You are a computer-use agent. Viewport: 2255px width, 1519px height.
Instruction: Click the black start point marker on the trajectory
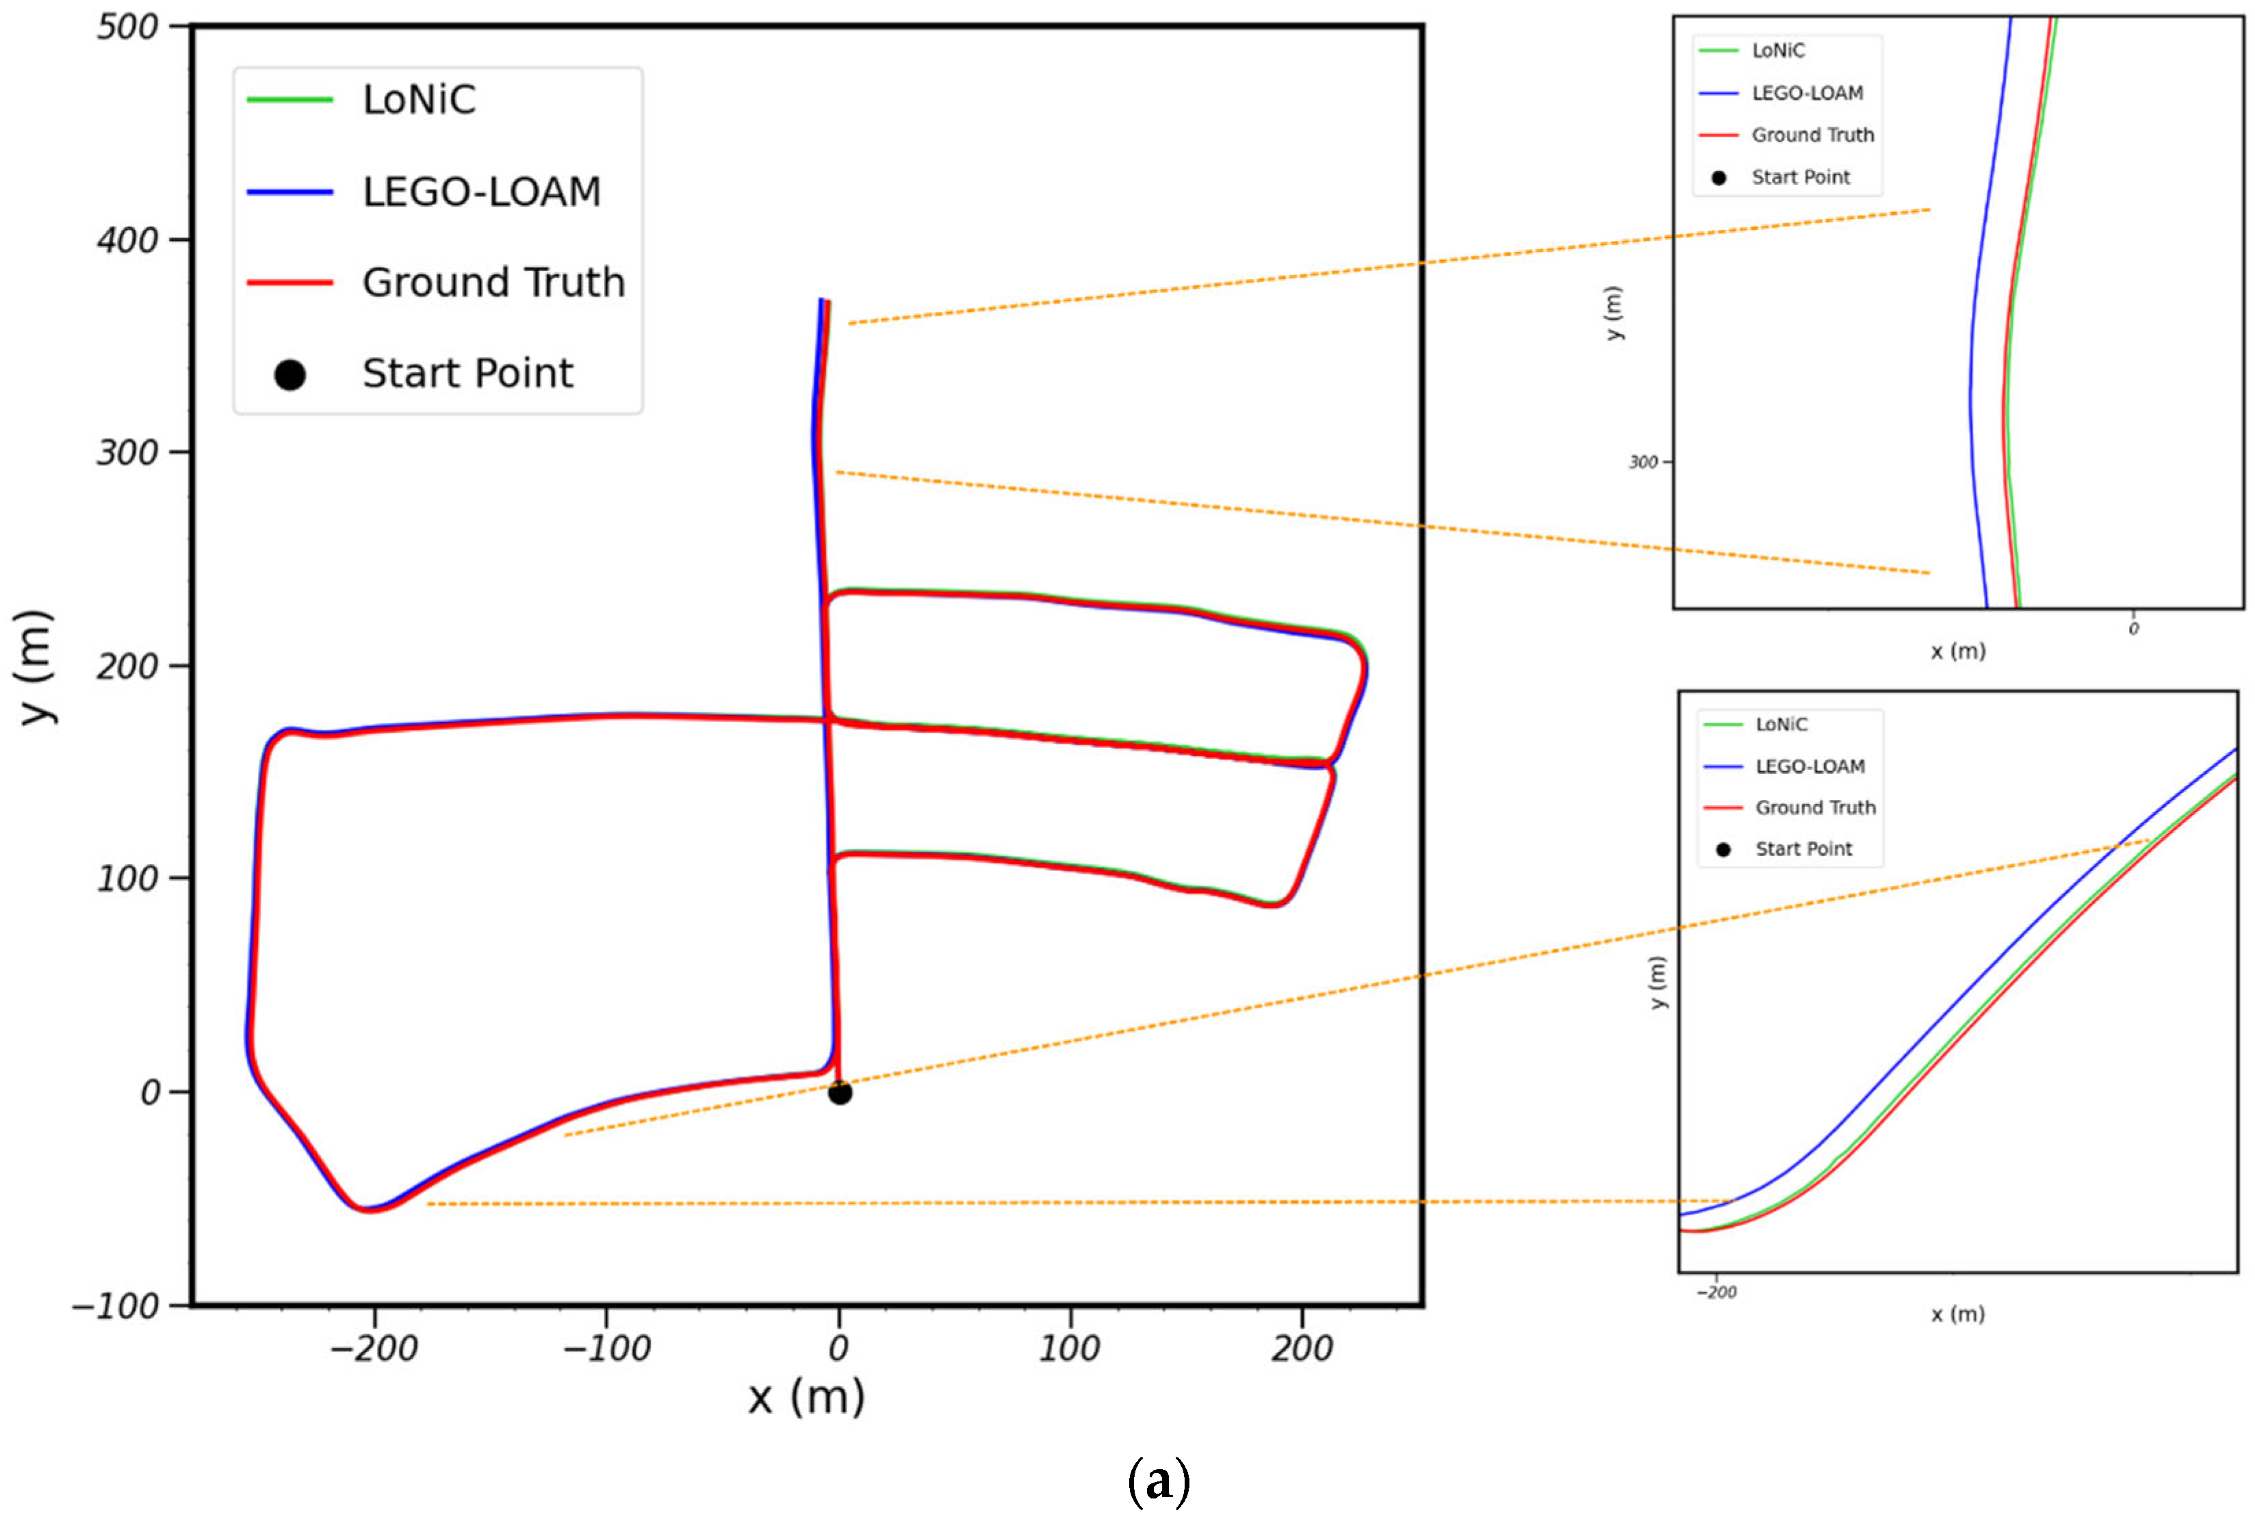[840, 1093]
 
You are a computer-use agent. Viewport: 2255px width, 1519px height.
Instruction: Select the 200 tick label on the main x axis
[1302, 1349]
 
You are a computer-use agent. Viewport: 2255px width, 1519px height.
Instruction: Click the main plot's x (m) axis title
[806, 1397]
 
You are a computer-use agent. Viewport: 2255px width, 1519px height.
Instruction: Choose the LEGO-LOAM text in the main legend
[481, 192]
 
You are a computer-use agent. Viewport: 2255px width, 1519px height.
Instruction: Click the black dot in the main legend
[289, 375]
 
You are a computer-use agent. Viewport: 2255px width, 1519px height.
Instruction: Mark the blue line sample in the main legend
[289, 192]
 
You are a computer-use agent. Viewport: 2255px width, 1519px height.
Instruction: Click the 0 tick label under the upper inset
[2133, 629]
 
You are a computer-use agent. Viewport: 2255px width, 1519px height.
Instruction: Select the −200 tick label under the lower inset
[1716, 1293]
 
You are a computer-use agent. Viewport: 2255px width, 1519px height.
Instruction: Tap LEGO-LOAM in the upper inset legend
[1807, 93]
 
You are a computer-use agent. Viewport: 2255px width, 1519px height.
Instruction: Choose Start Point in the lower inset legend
[1803, 850]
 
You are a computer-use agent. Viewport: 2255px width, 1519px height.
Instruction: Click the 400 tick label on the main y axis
[127, 240]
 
